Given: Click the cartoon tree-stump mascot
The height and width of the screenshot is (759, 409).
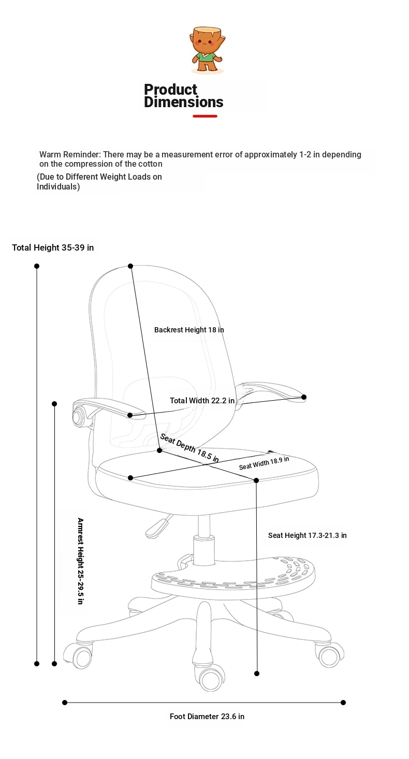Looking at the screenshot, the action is point(208,50).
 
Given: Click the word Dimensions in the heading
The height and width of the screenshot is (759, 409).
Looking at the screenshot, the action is point(184,102).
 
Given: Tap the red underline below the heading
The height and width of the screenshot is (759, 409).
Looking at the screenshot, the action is point(205,116).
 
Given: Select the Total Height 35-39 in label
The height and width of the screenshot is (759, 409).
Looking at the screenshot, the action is point(53,247).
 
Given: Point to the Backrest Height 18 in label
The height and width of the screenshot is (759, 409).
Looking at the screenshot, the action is point(189,330).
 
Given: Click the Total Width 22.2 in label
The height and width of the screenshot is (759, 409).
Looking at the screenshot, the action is point(202,401).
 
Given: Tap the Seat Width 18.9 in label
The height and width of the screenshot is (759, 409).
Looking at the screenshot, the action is point(264,463).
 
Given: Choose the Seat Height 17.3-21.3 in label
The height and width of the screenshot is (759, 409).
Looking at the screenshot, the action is point(308,535).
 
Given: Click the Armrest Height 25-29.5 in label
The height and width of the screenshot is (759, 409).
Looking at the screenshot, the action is point(80,561).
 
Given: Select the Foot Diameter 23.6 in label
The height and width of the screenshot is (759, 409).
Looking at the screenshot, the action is point(207,717).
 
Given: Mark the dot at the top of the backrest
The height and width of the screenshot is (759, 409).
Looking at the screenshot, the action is point(130,266).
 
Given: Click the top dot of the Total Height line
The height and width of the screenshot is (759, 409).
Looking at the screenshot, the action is point(37,266).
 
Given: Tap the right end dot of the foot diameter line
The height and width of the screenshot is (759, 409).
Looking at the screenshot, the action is point(343,703).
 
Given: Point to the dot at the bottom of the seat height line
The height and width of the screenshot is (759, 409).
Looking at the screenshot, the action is point(257,674).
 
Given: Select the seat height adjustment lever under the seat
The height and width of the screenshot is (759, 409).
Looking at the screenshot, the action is point(158,527).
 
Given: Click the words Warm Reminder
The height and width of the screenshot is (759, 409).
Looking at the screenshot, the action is point(70,154).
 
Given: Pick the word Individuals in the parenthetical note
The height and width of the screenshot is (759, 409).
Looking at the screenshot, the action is point(59,187).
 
